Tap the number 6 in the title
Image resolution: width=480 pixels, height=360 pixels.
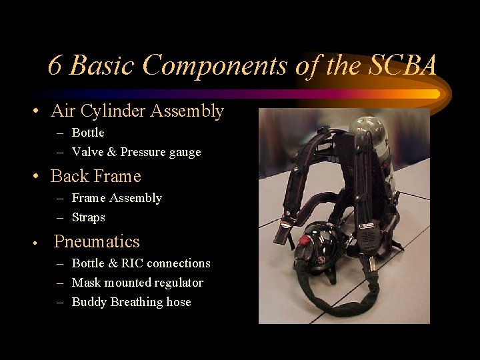[x=55, y=66]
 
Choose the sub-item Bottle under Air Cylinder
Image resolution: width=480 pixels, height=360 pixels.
[x=88, y=133]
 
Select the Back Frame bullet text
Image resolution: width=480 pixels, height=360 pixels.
[x=96, y=176]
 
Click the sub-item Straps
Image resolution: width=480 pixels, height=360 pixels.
[x=88, y=217]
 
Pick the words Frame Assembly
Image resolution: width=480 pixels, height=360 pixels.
[x=117, y=198]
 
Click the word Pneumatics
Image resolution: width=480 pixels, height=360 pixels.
[x=97, y=241]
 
